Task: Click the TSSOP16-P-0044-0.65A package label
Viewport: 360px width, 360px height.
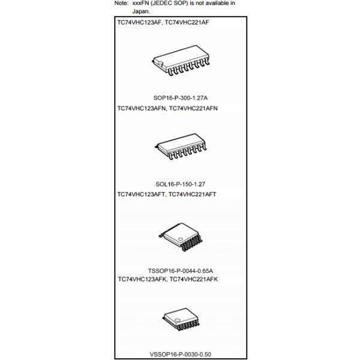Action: pyautogui.click(x=180, y=271)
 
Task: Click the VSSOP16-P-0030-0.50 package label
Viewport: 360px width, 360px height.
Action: pyautogui.click(x=180, y=354)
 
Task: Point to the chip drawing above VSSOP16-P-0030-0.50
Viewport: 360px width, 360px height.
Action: pyautogui.click(x=181, y=319)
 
